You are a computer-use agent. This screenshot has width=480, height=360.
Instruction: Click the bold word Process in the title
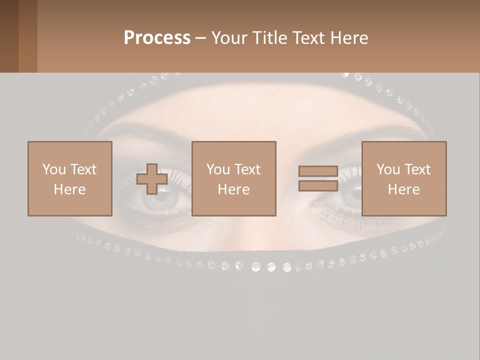click(157, 38)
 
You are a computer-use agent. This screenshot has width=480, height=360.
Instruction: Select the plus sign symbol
click(152, 179)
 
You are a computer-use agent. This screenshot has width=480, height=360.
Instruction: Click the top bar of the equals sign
click(318, 171)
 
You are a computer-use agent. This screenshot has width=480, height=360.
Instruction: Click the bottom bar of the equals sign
click(318, 186)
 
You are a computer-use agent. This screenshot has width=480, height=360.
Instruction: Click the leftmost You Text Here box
click(69, 178)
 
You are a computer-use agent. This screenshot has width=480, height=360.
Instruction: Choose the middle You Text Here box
click(233, 178)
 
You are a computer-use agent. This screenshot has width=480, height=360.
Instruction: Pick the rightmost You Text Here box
click(403, 178)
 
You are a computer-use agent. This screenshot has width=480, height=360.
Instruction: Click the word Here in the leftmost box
click(69, 189)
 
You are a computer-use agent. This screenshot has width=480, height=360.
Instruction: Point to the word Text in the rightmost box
click(418, 169)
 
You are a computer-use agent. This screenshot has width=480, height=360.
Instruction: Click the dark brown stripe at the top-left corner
click(9, 36)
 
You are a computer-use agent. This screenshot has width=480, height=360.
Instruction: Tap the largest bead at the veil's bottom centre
click(256, 266)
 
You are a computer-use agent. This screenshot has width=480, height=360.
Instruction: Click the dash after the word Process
click(200, 38)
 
